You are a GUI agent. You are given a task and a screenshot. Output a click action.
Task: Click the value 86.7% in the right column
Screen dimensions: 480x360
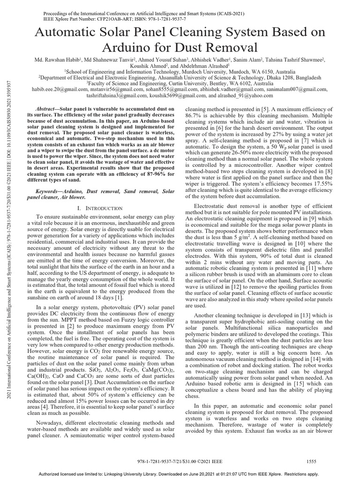(196, 114)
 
